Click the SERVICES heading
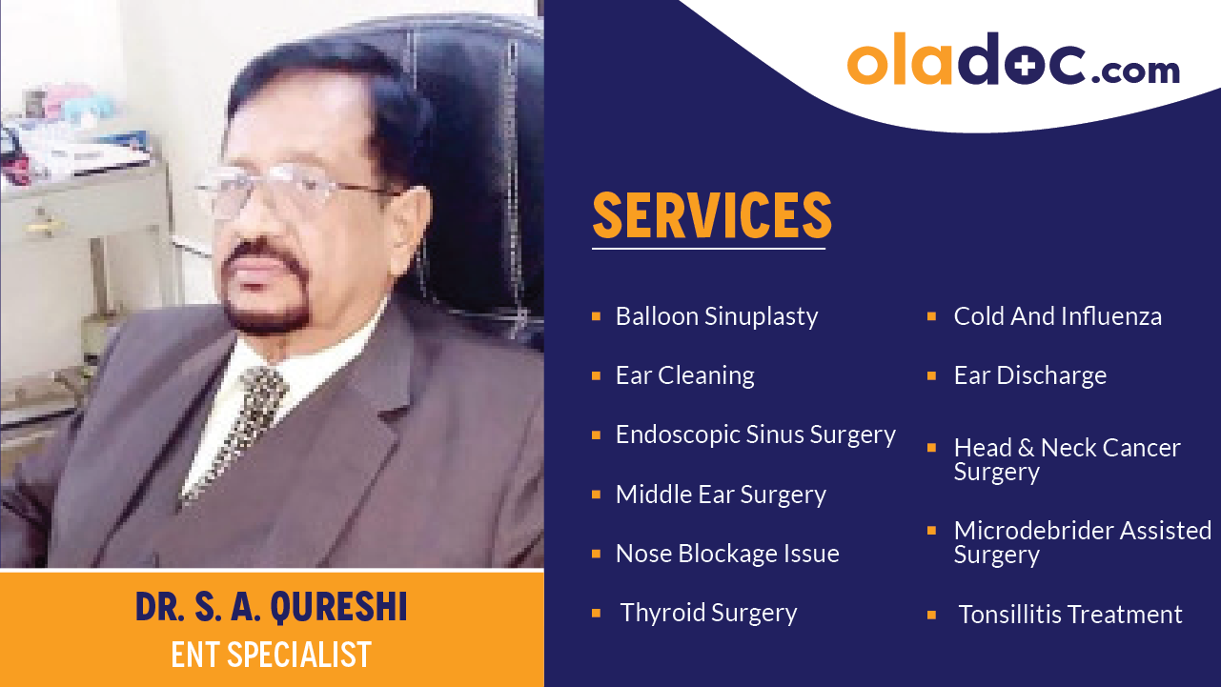(x=712, y=216)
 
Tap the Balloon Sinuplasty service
(x=716, y=316)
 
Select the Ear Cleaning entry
(x=684, y=375)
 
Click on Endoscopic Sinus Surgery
(x=755, y=434)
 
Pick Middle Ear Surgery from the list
(x=720, y=495)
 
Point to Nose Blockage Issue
(x=726, y=554)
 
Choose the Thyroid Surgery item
(x=708, y=613)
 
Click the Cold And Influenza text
(x=1057, y=316)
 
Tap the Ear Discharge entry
(x=1029, y=375)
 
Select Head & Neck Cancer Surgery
(x=1066, y=459)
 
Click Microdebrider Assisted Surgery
(x=1082, y=542)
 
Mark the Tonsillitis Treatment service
(x=1069, y=615)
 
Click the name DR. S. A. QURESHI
(x=271, y=608)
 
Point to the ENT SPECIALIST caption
(x=271, y=655)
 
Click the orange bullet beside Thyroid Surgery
(x=596, y=613)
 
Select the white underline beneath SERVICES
(x=707, y=249)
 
